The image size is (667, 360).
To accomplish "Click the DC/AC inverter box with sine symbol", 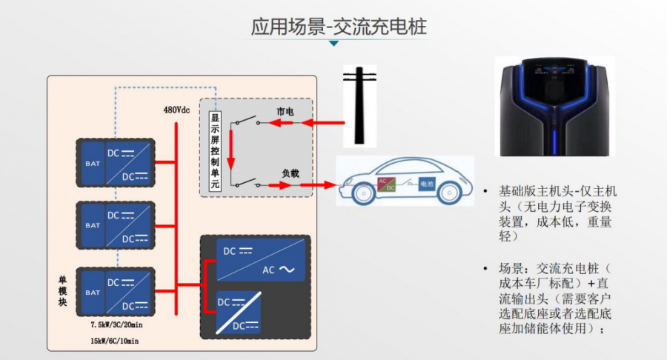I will pos(256,259).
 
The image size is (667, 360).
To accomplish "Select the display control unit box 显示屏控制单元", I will pos(216,153).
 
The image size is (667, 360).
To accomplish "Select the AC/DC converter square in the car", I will pos(386,184).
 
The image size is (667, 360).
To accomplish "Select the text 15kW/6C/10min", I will pos(113,341).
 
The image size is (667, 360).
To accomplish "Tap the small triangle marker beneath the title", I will pos(334,44).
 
